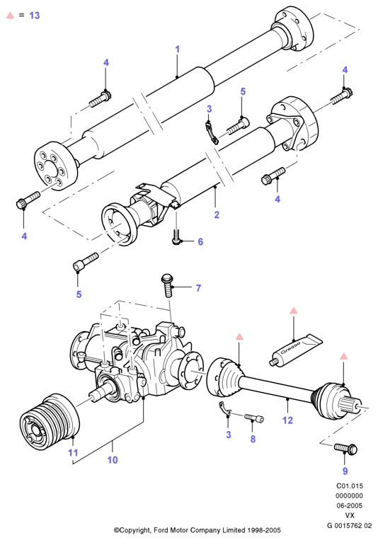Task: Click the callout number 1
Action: pos(178,50)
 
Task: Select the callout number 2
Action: pos(217,214)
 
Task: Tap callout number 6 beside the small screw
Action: pos(200,242)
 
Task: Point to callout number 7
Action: pos(198,288)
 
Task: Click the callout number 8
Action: pos(253,439)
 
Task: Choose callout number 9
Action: pos(345,471)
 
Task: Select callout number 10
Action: pos(113,460)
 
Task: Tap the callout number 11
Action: pos(73,452)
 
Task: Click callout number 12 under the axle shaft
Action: pos(287,420)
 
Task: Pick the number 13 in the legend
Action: pos(35,16)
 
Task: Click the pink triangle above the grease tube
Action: pos(293,310)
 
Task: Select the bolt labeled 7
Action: pos(167,285)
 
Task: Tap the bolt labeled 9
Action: pos(345,449)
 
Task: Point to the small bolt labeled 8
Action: pos(254,418)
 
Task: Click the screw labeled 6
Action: pos(176,238)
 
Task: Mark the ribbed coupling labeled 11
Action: pos(50,422)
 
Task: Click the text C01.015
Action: pos(350,486)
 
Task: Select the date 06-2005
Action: pos(350,505)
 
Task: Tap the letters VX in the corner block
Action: pos(350,515)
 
